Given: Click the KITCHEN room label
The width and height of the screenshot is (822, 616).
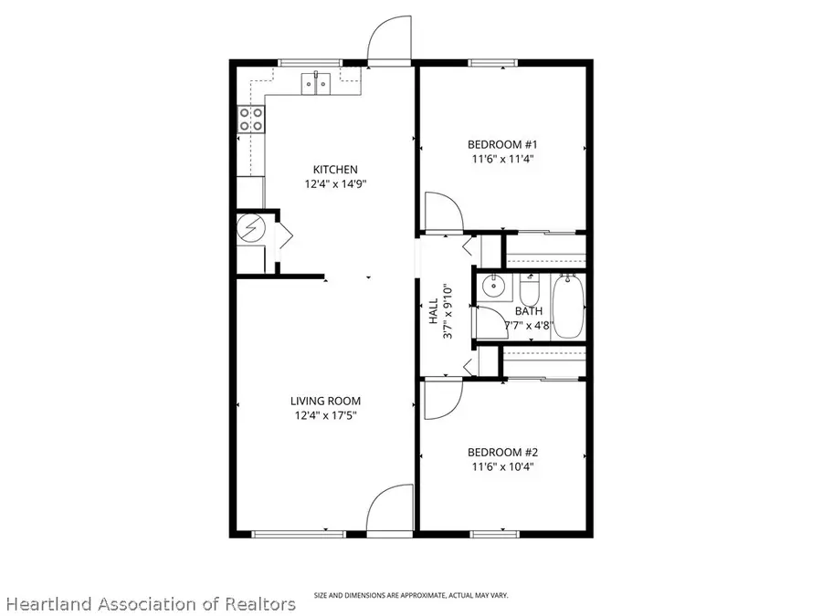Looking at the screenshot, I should (x=335, y=169).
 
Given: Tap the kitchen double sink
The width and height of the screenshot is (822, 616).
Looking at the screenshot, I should (x=316, y=84).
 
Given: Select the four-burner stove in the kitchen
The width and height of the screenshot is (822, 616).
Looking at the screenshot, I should (x=251, y=119).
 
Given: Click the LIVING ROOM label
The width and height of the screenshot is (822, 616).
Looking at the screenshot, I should (x=325, y=401).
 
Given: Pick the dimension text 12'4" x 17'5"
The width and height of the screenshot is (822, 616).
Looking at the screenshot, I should (x=325, y=416).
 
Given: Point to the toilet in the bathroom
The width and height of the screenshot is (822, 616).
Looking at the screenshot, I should (x=530, y=292).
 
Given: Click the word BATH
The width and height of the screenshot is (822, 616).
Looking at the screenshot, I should (x=528, y=311).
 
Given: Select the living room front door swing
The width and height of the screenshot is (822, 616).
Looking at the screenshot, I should (x=389, y=507).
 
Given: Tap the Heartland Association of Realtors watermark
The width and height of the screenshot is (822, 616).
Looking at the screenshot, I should (x=150, y=604).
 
